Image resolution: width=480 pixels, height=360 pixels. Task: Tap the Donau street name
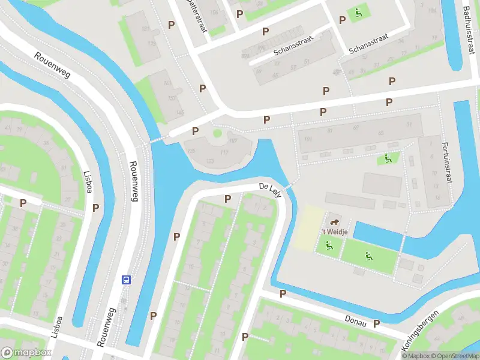pos(355,320)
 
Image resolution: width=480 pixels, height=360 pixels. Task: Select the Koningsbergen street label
pos(421,331)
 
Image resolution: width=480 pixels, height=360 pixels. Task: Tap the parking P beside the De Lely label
pos(227,199)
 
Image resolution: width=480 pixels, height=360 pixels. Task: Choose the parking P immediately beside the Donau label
pos(376,324)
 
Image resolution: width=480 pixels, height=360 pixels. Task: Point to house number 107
pos(233,142)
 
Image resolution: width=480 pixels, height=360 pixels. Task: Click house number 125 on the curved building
pos(210,161)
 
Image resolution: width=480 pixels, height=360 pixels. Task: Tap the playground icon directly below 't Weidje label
pos(328,245)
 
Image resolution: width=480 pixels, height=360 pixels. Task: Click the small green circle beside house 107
pos(217,133)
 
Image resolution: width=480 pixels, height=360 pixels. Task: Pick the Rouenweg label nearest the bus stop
pos(106,327)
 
